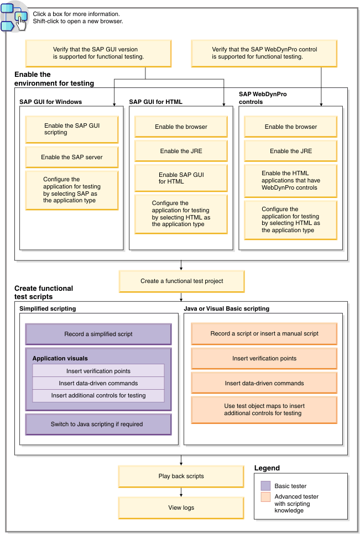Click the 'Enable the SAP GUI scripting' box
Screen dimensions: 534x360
71,129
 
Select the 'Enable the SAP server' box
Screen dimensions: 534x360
71,157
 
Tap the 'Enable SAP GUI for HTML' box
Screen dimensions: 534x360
181,178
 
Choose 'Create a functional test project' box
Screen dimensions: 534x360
181,281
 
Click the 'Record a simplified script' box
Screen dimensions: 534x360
98,334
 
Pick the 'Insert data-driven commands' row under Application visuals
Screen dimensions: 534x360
98,383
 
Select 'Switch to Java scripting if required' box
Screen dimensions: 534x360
98,424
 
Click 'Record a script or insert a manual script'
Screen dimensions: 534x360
264,334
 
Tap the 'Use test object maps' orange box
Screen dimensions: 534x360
264,409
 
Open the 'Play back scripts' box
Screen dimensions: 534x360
181,476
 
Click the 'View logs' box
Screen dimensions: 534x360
181,507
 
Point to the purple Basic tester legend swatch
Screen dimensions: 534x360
266,486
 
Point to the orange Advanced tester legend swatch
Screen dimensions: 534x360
266,497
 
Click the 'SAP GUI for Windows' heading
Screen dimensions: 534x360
51,102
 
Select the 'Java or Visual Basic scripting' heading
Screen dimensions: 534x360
227,308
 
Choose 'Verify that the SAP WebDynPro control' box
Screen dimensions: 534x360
264,53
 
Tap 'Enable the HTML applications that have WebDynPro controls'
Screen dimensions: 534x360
290,180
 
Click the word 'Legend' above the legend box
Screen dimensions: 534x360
267,468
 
